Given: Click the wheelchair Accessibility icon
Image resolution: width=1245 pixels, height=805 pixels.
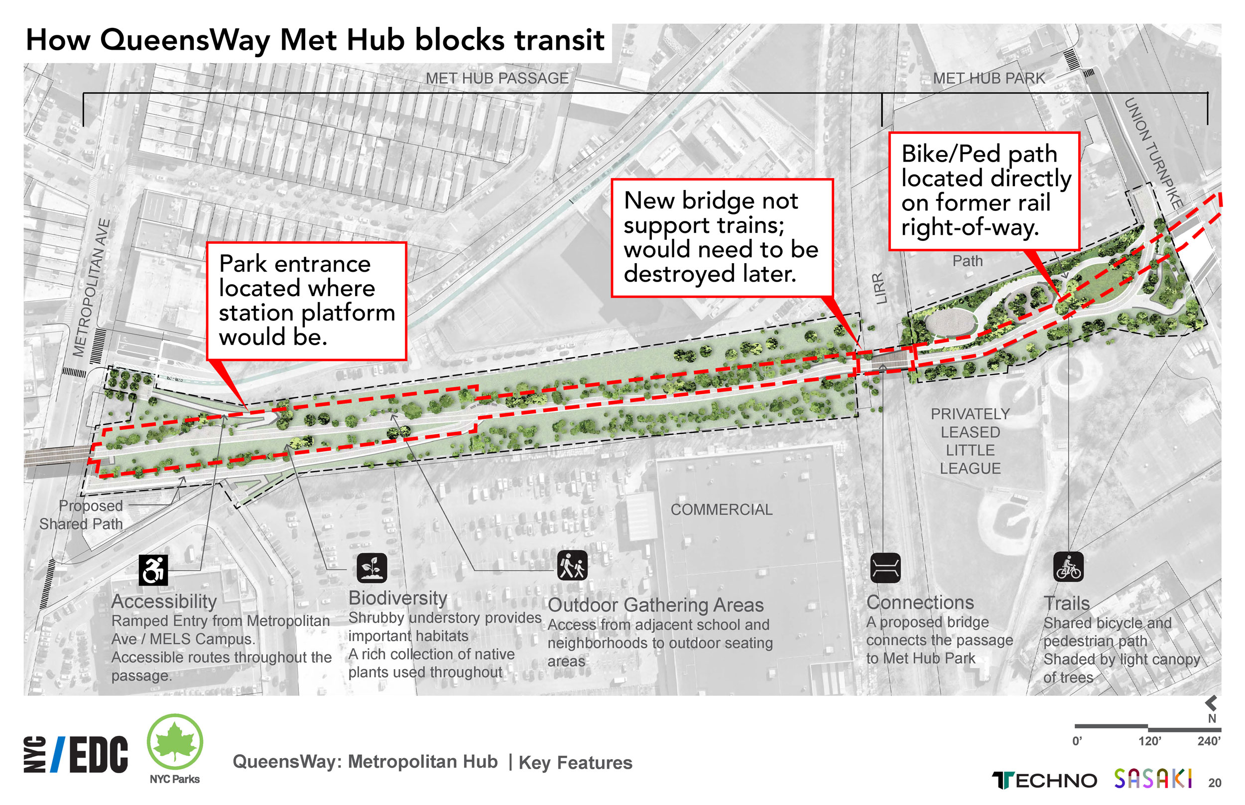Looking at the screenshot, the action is [x=153, y=569].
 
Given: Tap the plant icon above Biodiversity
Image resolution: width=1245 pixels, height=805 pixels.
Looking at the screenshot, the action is [x=372, y=568].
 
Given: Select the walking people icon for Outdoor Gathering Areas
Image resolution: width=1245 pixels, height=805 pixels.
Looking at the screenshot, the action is [x=572, y=565].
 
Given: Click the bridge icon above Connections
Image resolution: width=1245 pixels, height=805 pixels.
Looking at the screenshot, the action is [x=885, y=568].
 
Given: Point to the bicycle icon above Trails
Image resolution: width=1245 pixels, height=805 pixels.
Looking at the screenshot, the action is [x=1068, y=567].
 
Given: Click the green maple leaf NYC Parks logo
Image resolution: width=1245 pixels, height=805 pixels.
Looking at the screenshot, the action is [x=175, y=742].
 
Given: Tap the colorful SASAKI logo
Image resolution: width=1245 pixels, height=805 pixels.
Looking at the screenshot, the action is [x=1152, y=779].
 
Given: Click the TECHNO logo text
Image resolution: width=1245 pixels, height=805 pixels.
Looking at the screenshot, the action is [x=1044, y=781].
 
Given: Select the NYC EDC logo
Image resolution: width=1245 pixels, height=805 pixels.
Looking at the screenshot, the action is [x=76, y=754].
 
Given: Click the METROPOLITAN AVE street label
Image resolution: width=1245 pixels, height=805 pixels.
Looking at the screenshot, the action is [x=91, y=288].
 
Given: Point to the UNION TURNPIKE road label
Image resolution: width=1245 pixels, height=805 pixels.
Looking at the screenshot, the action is [x=1153, y=154].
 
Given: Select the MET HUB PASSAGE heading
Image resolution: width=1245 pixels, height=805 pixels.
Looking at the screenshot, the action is [x=497, y=79].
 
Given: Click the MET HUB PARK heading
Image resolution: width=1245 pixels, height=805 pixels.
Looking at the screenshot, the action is [x=989, y=79].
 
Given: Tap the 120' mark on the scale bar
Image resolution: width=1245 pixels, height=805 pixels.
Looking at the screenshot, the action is [x=1149, y=741].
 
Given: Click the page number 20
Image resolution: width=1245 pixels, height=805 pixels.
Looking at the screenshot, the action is [x=1215, y=783].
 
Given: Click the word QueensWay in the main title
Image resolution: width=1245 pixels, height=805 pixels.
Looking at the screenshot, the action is [x=185, y=40].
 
